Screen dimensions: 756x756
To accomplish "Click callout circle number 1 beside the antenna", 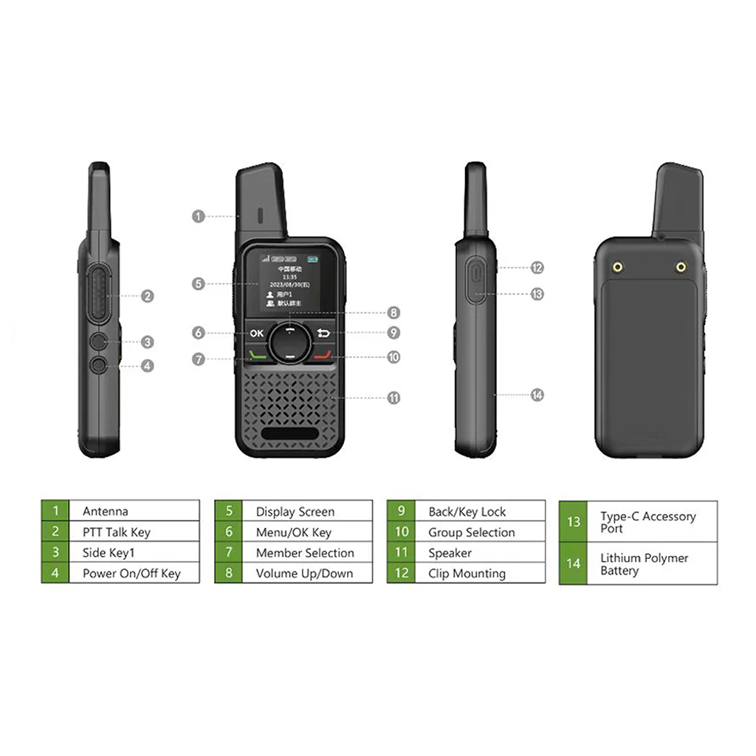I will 198,216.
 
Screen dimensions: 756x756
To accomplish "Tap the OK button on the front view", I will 256,333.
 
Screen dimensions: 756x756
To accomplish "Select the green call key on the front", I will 256,355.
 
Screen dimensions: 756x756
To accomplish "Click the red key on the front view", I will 323,355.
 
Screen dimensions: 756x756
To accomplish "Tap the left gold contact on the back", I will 617,267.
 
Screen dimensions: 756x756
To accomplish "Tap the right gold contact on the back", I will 680,267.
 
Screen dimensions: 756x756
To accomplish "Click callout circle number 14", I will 537,395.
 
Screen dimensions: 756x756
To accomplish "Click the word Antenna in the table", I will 105,511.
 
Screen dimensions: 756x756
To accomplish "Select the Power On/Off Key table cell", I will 131,573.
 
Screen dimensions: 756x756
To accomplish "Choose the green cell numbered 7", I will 229,552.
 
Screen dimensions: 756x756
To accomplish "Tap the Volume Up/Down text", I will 304,573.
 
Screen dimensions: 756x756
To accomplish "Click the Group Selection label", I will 471,532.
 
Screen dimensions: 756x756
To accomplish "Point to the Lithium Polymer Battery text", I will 644,564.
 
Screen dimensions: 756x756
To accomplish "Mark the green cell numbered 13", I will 573,522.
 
